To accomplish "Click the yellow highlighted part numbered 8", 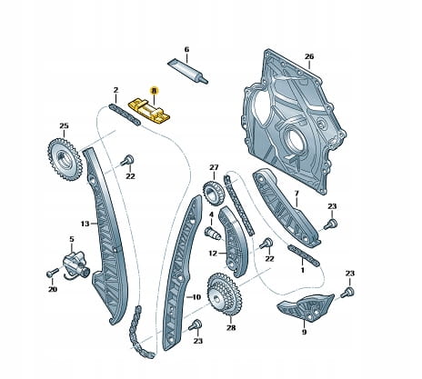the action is coord(149,111).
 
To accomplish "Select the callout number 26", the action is coord(309,56).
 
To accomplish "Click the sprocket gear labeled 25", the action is coord(65,160).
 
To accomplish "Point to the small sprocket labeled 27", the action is coord(214,193).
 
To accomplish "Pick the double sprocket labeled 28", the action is coord(225,294).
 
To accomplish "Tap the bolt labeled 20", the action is coord(52,273).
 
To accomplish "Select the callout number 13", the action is coord(85,224).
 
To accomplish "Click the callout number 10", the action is coord(196,297).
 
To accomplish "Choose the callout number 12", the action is coord(213,253).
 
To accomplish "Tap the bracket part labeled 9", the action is coord(306,306).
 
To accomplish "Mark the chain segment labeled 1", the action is coord(304,254).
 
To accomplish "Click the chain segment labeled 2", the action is coord(125,115).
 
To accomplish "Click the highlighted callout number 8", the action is coord(154,90).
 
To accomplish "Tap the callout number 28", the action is coord(231,328).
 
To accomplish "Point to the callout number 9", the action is coord(304,333).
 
